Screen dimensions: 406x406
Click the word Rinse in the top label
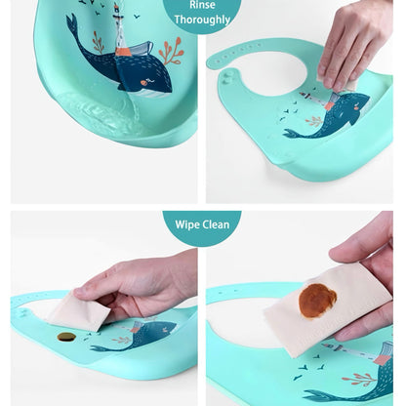(202, 5)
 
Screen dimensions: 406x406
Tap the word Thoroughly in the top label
(202, 20)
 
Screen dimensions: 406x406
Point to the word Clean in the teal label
(216, 224)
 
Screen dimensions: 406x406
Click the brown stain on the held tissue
(317, 301)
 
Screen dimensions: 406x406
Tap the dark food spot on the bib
(66, 337)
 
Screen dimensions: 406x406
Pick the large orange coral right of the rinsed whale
(172, 52)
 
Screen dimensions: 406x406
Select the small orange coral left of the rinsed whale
(98, 42)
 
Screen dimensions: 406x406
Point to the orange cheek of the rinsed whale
(143, 83)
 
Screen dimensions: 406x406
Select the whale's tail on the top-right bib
(291, 134)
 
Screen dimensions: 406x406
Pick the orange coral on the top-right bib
(314, 121)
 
